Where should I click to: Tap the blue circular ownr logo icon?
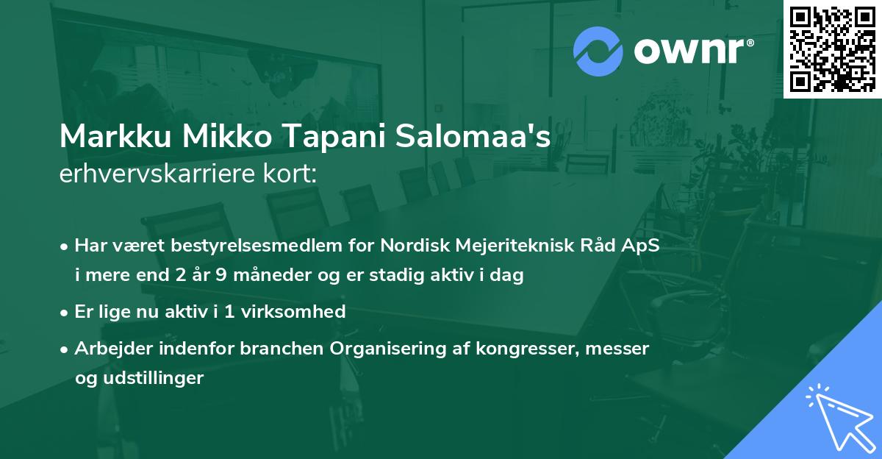coord(598,51)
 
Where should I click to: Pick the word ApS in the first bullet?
coord(642,246)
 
